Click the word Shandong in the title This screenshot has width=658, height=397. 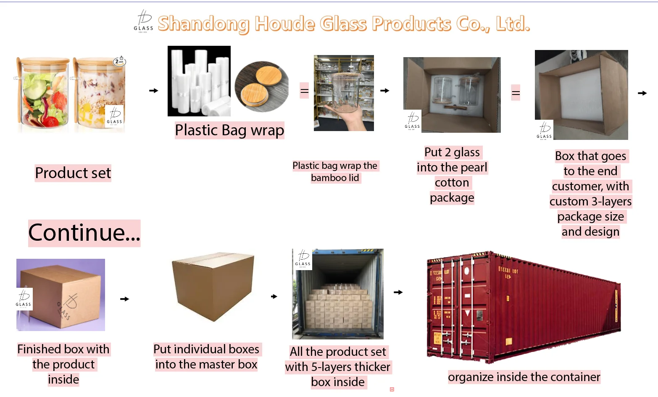tap(203, 24)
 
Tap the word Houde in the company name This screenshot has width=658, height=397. tap(284, 24)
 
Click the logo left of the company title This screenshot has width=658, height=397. tap(143, 21)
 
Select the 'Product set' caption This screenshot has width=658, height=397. tap(73, 173)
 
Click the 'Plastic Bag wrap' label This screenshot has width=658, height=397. tap(229, 130)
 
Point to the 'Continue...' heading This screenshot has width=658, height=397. tap(84, 233)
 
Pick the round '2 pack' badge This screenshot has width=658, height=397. tap(120, 61)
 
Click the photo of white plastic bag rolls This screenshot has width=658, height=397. tap(199, 81)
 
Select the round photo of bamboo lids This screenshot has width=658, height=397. tap(261, 87)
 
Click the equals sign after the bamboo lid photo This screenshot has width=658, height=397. tap(304, 91)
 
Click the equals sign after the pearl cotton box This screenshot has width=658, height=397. tap(516, 93)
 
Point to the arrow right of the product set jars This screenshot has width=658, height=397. tap(154, 90)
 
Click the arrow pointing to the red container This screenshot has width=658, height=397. tap(398, 292)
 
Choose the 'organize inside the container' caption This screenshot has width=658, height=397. tap(524, 377)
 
